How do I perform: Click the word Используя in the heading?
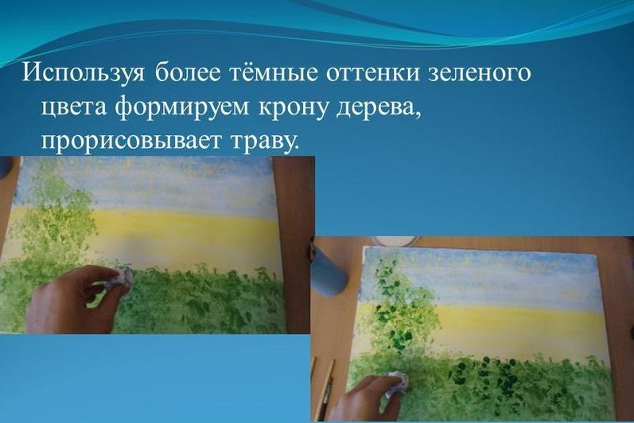[83, 74]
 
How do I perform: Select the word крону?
[293, 108]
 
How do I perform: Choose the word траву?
[265, 141]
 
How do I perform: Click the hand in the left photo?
[72, 299]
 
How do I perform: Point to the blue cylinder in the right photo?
[329, 266]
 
